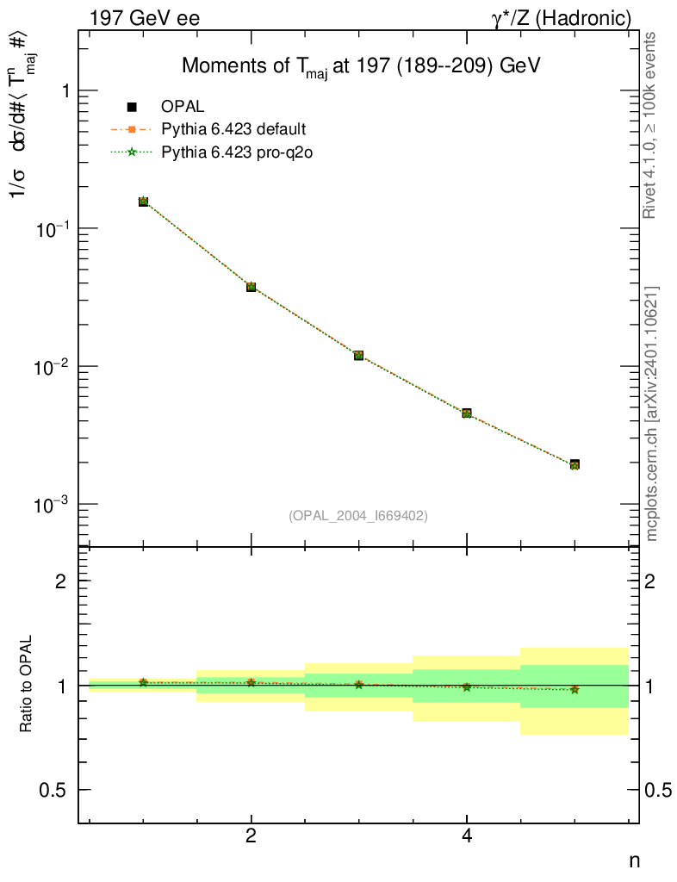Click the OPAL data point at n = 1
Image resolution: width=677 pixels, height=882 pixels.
pos(143,202)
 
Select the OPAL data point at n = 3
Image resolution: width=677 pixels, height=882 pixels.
pos(358,355)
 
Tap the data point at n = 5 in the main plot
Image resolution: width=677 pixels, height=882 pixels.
pos(575,464)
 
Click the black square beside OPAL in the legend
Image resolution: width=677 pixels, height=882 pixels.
pos(132,108)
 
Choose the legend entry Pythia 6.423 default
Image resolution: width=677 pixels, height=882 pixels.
pos(233,130)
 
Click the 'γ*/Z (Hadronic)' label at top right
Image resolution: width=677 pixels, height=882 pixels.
pos(561,17)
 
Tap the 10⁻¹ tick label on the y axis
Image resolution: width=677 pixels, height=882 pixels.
pos(53,228)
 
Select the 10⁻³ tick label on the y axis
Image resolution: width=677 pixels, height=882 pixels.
pos(53,504)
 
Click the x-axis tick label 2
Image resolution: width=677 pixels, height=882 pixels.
pos(251,835)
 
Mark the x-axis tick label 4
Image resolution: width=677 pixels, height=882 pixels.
pos(467,835)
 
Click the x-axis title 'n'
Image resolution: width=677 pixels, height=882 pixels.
pos(633,860)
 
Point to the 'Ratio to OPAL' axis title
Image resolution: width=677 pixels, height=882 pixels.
pos(27,686)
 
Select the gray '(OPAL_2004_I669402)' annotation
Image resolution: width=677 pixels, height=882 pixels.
pos(358,515)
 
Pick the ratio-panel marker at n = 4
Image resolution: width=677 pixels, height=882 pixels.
pos(467,687)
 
